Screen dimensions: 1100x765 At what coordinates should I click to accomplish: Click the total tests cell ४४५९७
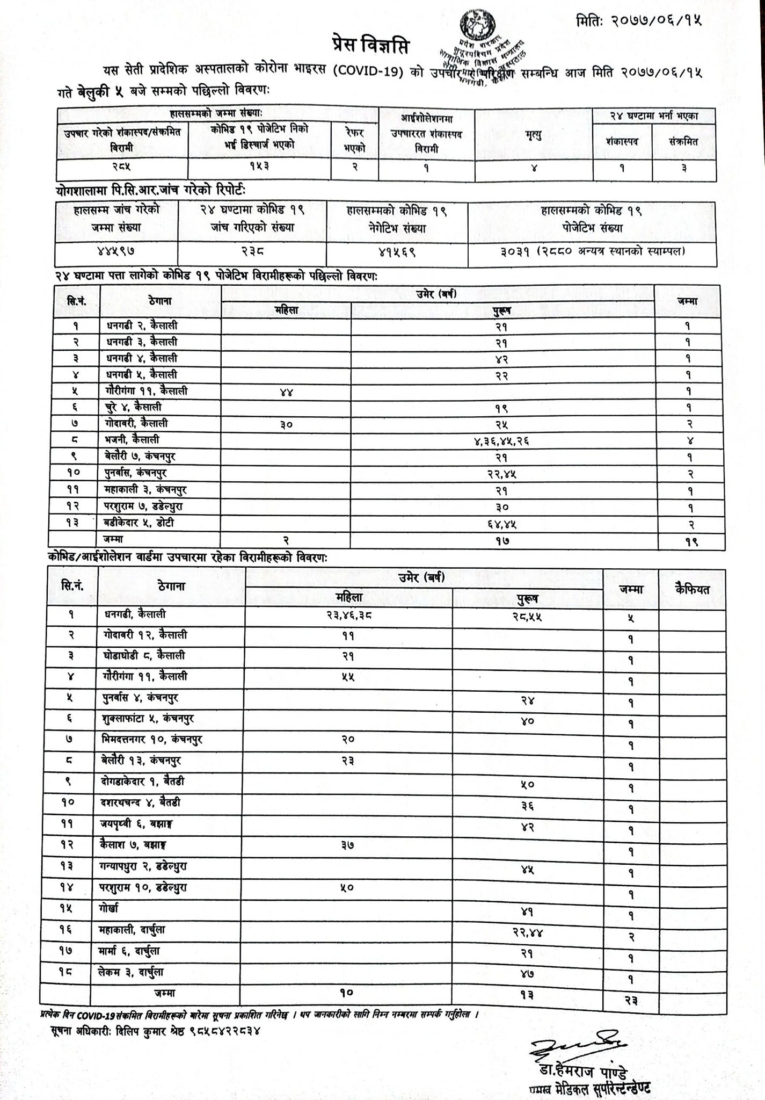click(116, 251)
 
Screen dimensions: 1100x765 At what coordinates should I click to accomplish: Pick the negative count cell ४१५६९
click(397, 251)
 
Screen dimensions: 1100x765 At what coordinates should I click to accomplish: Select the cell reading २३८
click(252, 251)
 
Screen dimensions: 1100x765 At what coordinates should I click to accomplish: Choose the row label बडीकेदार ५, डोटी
click(139, 523)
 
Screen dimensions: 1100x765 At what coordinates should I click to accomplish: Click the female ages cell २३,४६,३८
click(348, 616)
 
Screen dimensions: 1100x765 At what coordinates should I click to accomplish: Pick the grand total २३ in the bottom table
click(630, 1001)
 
